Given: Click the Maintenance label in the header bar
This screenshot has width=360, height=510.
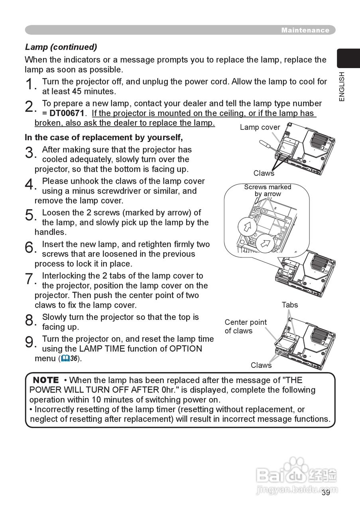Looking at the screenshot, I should pyautogui.click(x=305, y=30).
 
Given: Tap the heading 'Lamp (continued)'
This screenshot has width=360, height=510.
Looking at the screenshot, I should pyautogui.click(x=61, y=47).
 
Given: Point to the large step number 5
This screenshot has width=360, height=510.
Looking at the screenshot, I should pyautogui.click(x=29, y=215).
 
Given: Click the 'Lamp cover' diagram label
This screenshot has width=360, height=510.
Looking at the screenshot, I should pyautogui.click(x=260, y=127).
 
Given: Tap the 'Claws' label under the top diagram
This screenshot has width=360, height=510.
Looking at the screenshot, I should pyautogui.click(x=264, y=173).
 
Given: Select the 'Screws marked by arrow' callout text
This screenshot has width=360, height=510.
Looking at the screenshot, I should pyautogui.click(x=268, y=190).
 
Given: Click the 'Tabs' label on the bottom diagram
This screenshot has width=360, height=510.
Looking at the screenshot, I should pyautogui.click(x=289, y=305).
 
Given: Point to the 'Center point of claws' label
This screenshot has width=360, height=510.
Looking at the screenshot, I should pyautogui.click(x=245, y=326).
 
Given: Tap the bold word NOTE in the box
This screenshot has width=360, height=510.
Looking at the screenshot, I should pyautogui.click(x=46, y=380).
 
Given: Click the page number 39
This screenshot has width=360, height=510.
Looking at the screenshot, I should pyautogui.click(x=326, y=493).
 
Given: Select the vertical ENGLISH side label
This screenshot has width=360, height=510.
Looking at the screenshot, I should pyautogui.click(x=342, y=86).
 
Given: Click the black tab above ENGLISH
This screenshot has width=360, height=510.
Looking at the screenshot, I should pyautogui.click(x=348, y=58).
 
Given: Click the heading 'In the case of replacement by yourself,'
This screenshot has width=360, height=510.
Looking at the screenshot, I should pyautogui.click(x=104, y=137).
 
